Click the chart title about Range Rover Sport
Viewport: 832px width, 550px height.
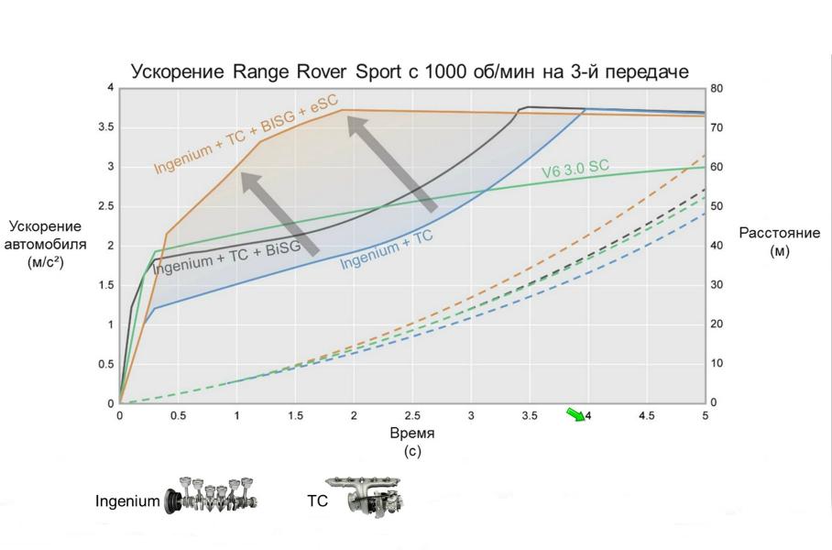tap(410, 71)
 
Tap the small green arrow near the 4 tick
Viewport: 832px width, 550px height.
tap(575, 415)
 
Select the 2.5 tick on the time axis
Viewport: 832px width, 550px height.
tap(412, 415)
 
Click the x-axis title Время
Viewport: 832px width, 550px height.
tap(411, 434)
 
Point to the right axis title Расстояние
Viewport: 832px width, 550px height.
tap(779, 234)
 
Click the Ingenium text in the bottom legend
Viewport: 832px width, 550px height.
tap(126, 501)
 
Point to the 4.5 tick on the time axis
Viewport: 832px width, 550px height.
tap(646, 415)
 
